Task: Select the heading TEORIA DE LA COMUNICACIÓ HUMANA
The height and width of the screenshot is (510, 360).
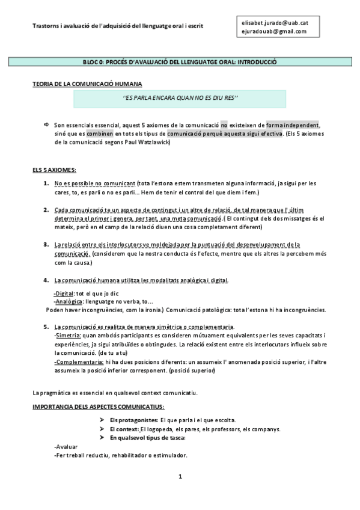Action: click(x=87, y=84)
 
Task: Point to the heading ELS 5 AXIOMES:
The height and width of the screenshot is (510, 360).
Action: click(x=55, y=171)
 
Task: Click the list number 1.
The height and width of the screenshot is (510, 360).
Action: click(x=46, y=183)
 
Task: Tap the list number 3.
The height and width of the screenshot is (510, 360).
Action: click(x=46, y=245)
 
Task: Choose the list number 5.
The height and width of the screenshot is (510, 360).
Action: click(x=46, y=327)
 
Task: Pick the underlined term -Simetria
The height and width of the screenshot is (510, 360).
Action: click(x=68, y=335)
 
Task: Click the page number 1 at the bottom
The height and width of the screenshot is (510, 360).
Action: click(x=180, y=477)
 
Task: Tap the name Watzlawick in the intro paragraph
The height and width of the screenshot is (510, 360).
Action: click(x=153, y=142)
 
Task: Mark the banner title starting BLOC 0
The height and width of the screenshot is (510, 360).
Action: click(x=180, y=62)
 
